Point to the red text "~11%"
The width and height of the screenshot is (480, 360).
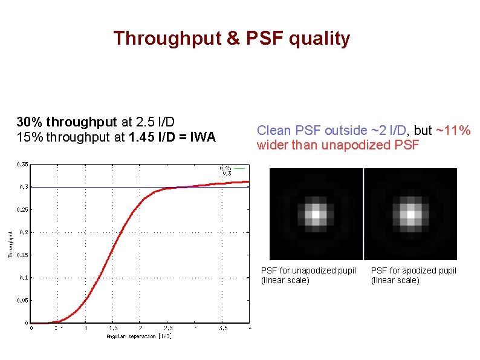point(453,130)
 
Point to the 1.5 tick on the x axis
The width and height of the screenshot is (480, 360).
point(112,329)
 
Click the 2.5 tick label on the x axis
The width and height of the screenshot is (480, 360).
point(167,329)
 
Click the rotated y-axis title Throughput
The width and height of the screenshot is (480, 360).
point(10,244)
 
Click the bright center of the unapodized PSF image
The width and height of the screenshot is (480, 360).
point(315,214)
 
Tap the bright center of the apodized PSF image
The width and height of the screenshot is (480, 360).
point(411,214)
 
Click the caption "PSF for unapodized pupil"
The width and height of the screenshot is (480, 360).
point(308,270)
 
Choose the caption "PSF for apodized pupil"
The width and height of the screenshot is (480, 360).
point(414,270)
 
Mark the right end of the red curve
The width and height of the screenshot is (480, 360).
point(249,181)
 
